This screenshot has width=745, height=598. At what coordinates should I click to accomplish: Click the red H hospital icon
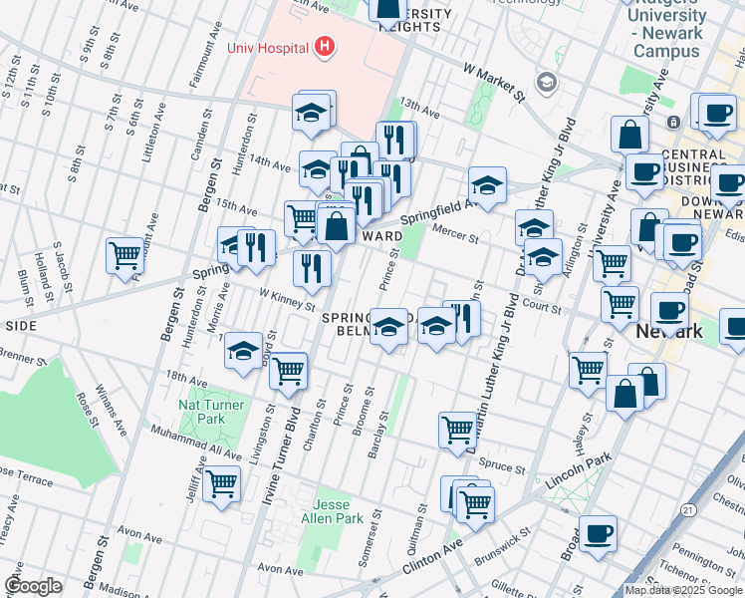pos(323,46)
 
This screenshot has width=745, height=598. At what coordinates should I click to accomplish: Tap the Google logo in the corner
pos(33,586)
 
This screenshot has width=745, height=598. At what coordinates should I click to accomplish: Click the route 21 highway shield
pos(688,509)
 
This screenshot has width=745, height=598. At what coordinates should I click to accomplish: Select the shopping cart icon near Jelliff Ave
pos(221,484)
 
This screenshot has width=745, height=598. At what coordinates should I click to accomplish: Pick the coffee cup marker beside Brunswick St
pos(598,533)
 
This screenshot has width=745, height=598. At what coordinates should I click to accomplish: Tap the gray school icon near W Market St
pos(546,82)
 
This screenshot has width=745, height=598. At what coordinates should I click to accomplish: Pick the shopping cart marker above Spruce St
pos(457,430)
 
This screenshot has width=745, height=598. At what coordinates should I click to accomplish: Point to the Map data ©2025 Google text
pos(682,590)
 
